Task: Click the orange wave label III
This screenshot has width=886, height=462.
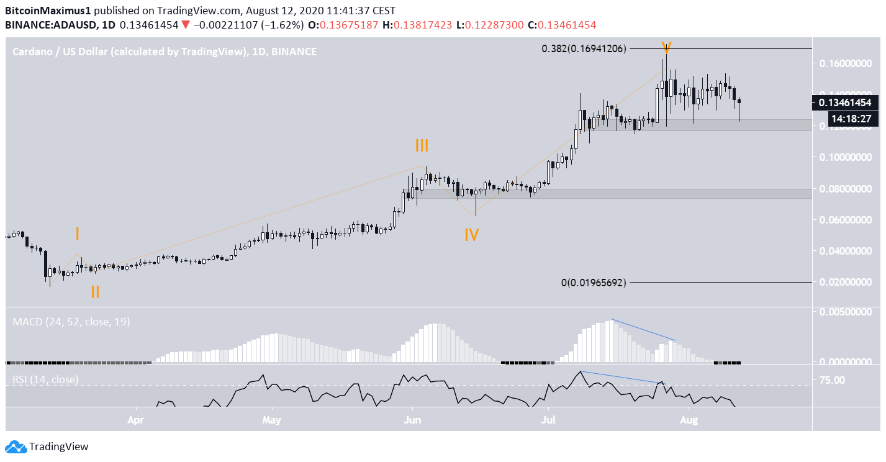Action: (422, 146)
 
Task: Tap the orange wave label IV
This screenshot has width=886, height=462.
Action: (472, 235)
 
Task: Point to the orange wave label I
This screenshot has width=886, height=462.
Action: (77, 233)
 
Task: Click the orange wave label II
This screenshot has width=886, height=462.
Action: (95, 292)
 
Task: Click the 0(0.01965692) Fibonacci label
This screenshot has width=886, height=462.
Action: (594, 282)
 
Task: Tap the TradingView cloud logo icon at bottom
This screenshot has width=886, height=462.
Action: (16, 446)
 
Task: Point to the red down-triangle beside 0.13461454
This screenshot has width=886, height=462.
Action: (186, 25)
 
